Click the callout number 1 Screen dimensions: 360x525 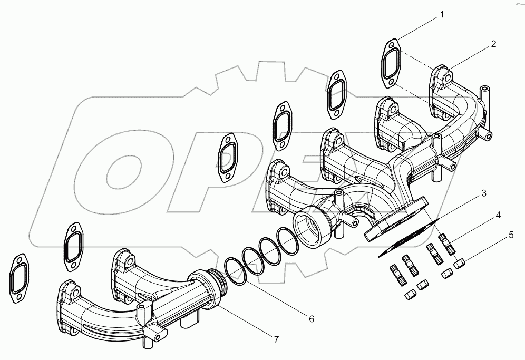coord(442,15)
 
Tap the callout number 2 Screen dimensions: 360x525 coord(493,44)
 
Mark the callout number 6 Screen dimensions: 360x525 coord(312,319)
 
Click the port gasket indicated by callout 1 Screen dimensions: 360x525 coord(391,63)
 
